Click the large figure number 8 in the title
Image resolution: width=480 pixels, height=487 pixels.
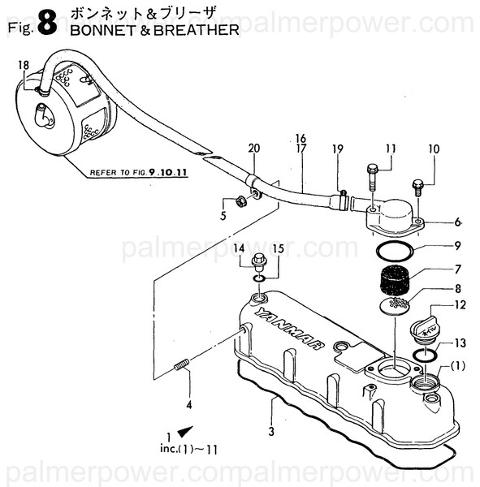coord(46,25)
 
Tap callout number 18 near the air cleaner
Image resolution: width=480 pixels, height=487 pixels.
coord(23,65)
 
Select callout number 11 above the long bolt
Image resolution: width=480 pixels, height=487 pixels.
coord(390,149)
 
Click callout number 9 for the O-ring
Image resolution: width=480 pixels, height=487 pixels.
coord(457,246)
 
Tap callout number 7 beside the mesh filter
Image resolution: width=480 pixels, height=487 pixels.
coord(457,268)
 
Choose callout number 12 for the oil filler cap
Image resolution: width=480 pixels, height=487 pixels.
coord(460,305)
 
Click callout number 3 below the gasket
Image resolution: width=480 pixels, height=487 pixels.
coord(271,431)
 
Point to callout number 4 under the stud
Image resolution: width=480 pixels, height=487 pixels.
coord(188,403)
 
